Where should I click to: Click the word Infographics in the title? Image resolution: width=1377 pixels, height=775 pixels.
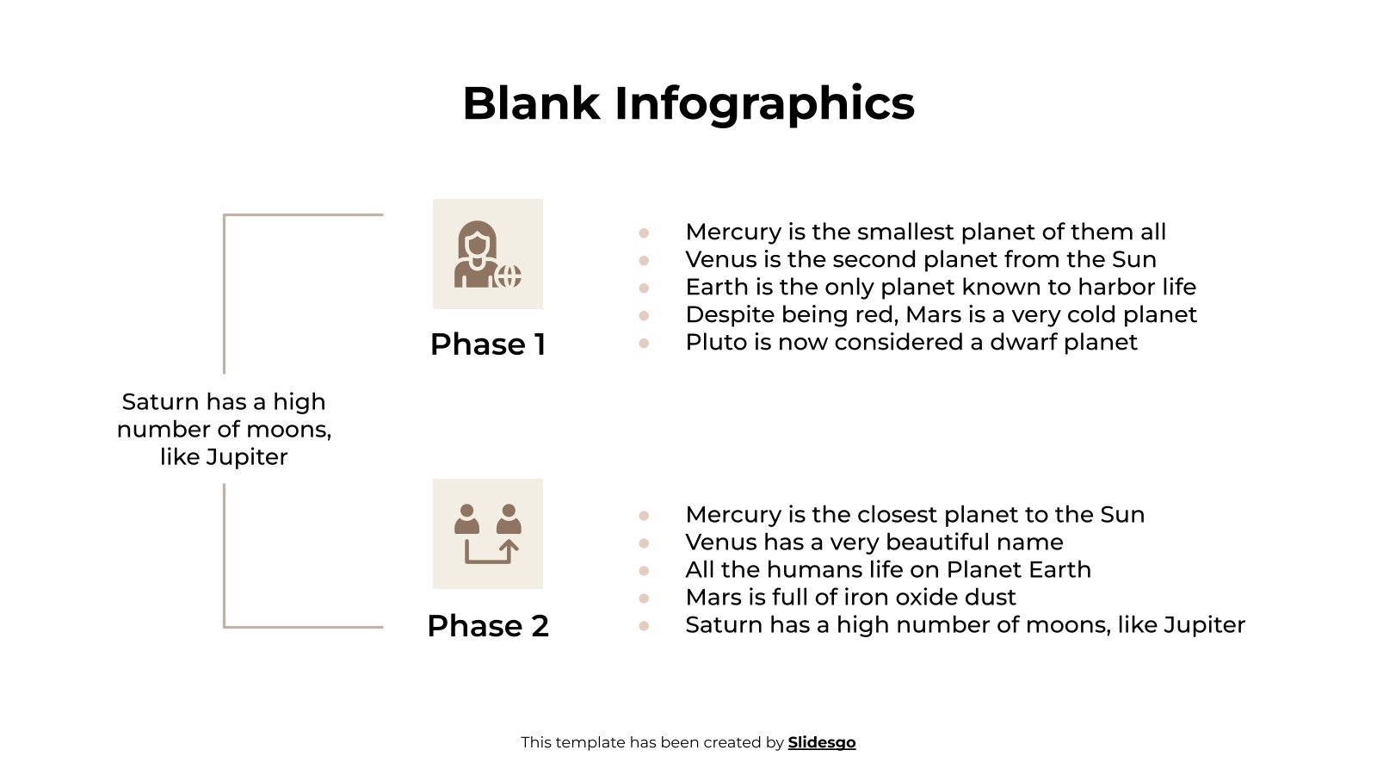click(764, 103)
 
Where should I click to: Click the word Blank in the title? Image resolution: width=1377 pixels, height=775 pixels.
click(530, 103)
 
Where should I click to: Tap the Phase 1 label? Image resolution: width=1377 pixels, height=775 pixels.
click(488, 344)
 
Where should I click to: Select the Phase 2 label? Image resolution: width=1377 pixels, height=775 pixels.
click(488, 626)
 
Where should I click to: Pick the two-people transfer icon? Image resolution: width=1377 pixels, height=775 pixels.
click(487, 534)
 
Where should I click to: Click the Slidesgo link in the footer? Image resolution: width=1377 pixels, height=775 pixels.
click(822, 742)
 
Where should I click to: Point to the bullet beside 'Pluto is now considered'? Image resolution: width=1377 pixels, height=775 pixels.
click(644, 343)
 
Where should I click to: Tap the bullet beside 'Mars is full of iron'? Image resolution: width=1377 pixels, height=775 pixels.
click(644, 598)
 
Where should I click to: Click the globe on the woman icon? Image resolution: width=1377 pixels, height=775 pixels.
click(509, 276)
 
